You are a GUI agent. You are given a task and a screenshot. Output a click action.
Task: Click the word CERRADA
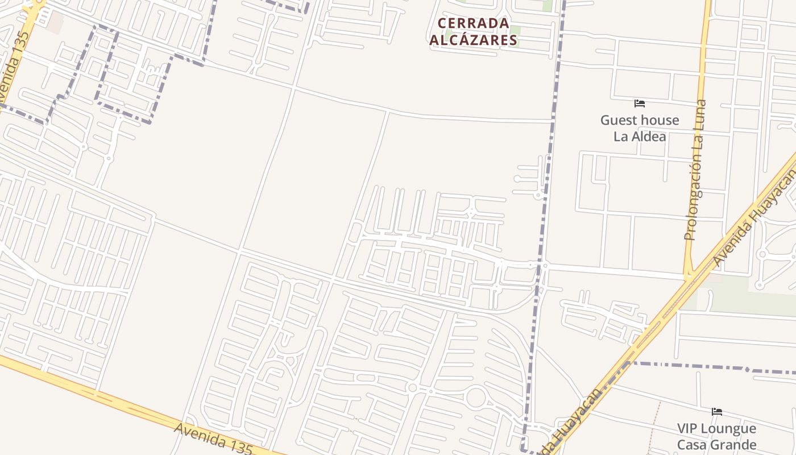tap(473, 23)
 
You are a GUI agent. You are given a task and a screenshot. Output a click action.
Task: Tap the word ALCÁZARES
tap(473, 40)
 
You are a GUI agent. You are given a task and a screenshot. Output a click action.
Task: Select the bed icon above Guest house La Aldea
tap(640, 104)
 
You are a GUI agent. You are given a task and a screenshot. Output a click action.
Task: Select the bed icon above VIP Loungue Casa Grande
tap(717, 412)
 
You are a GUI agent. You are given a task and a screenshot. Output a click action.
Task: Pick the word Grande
tap(733, 445)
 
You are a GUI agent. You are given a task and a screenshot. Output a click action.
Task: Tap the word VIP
tap(688, 428)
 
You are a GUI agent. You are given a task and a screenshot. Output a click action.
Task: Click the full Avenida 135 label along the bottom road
tap(213, 439)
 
